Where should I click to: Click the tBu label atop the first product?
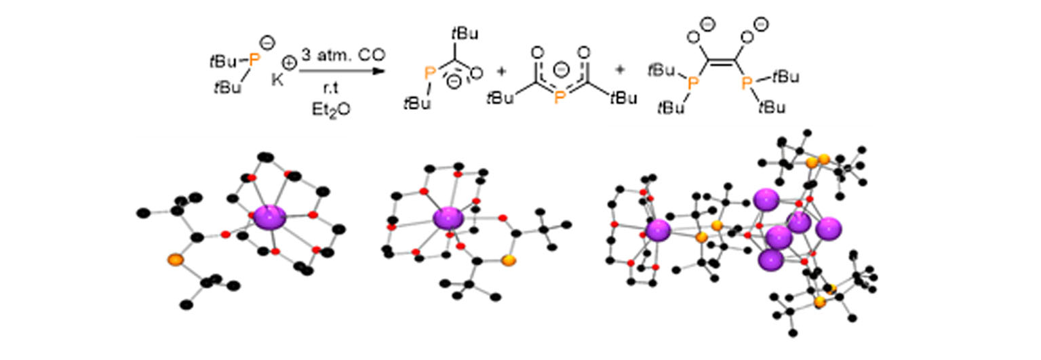(x=460, y=33)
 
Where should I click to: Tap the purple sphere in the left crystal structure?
(x=270, y=218)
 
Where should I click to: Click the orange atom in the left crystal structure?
(x=175, y=259)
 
